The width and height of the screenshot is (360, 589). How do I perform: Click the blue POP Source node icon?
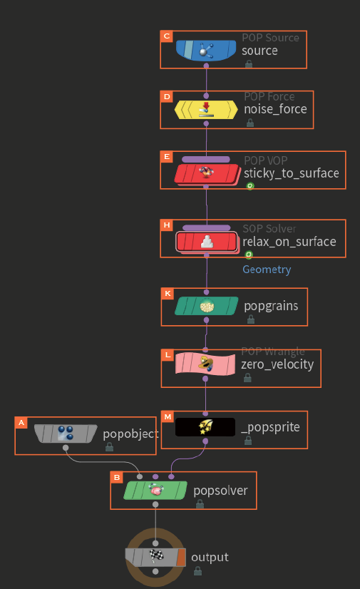pyautogui.click(x=206, y=51)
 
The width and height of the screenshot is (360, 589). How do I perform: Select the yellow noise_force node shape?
pyautogui.click(x=206, y=110)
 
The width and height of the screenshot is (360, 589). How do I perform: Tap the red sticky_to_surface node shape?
pyautogui.click(x=207, y=173)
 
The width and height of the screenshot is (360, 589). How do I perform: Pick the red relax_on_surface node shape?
pyautogui.click(x=207, y=242)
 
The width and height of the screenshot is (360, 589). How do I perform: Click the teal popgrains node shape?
pyautogui.click(x=207, y=306)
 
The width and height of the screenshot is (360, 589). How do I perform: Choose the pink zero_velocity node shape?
pyautogui.click(x=205, y=364)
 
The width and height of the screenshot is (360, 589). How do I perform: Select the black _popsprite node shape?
pyautogui.click(x=205, y=427)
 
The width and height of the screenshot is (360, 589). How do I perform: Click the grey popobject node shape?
pyautogui.click(x=66, y=434)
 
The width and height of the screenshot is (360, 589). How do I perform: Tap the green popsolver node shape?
pyautogui.click(x=155, y=490)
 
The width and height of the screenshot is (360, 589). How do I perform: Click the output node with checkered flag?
pyautogui.click(x=155, y=557)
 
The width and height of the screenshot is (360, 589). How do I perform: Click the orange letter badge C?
pyautogui.click(x=166, y=36)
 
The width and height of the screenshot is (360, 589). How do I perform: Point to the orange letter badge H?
pyautogui.click(x=167, y=225)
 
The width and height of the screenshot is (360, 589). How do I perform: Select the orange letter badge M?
pyautogui.click(x=168, y=417)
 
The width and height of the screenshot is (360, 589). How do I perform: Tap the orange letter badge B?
pyautogui.click(x=117, y=478)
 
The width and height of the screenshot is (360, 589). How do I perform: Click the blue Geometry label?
pyautogui.click(x=267, y=270)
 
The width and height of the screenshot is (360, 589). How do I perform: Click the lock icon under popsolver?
pyautogui.click(x=200, y=504)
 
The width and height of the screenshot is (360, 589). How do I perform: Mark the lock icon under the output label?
pyautogui.click(x=198, y=571)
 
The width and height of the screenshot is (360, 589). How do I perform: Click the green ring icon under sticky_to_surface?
pyautogui.click(x=250, y=186)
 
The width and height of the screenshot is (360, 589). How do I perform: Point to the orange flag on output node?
pyautogui.click(x=181, y=557)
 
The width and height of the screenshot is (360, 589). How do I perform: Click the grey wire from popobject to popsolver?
pyautogui.click(x=101, y=462)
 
